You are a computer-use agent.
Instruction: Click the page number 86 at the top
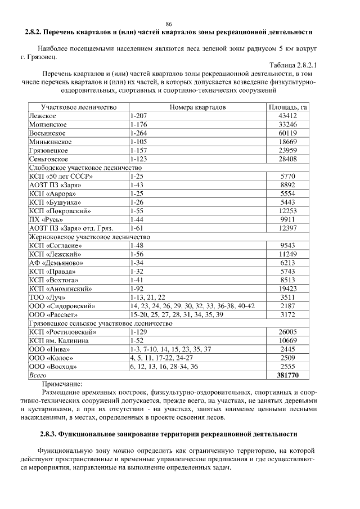coord(169,23)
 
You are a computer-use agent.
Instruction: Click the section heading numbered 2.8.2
coord(169,32)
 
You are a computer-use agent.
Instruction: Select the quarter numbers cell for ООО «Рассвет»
coord(176,314)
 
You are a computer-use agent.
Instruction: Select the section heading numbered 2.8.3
coord(169,435)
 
